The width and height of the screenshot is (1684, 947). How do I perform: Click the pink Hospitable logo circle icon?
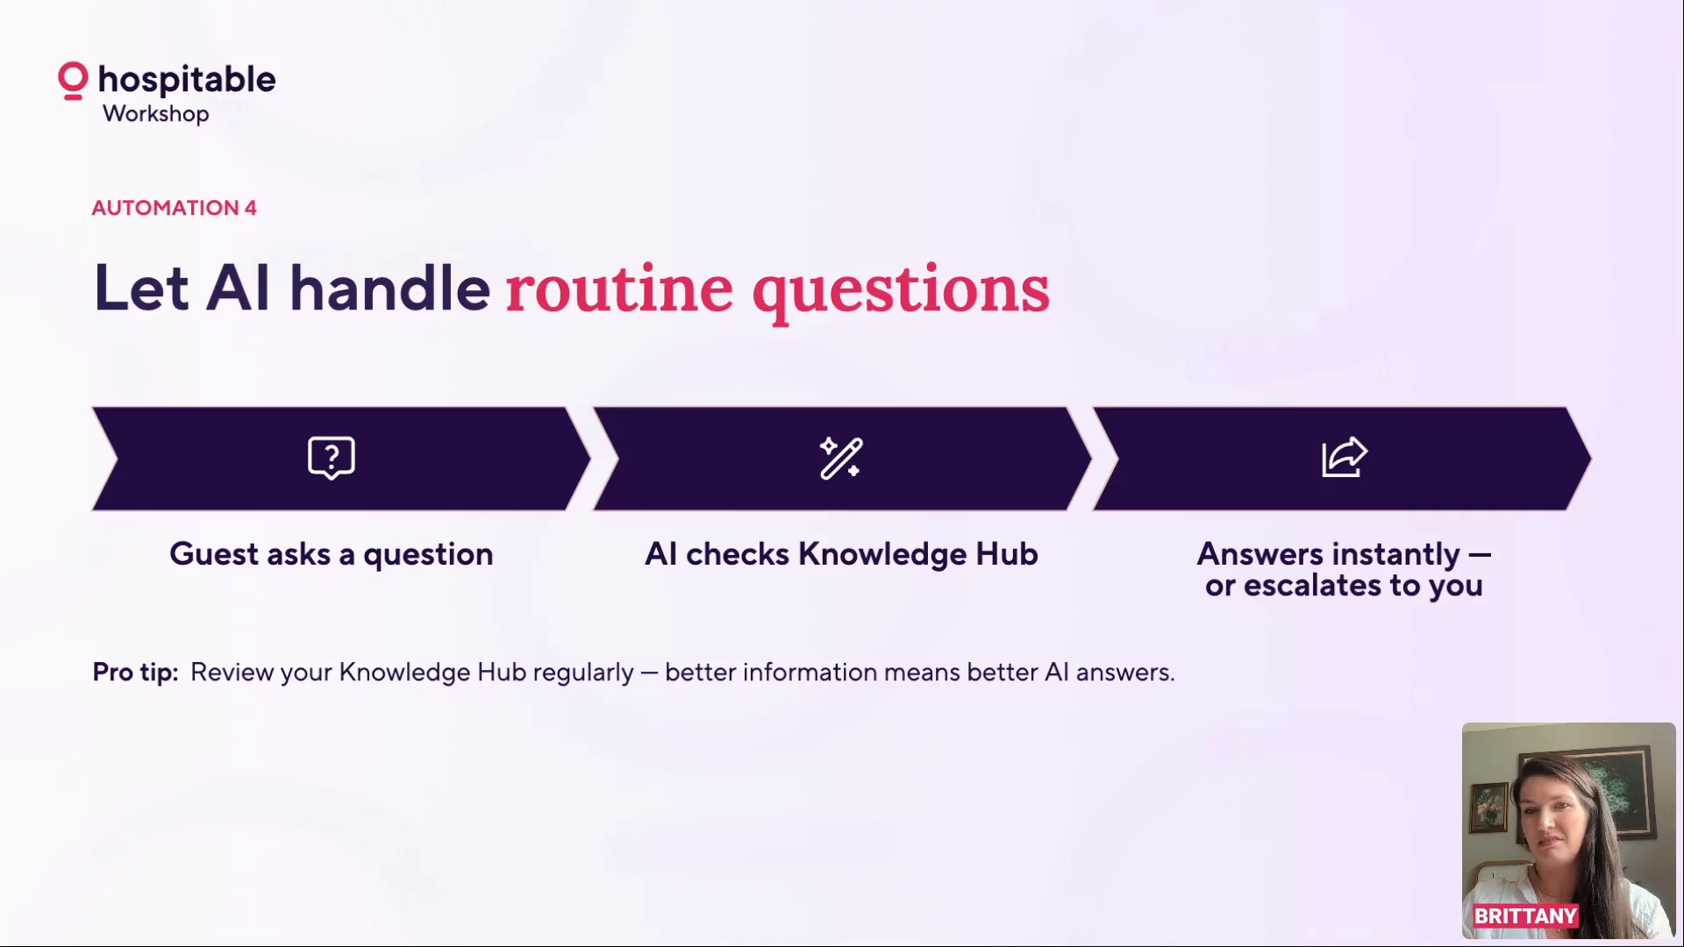click(73, 81)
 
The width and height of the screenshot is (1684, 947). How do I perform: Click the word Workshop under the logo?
click(156, 114)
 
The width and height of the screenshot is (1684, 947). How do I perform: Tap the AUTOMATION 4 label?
click(174, 208)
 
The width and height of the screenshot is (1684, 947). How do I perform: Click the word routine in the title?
click(619, 289)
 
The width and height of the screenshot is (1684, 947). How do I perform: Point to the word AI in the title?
click(238, 288)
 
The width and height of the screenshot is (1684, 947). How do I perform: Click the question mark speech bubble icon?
click(332, 458)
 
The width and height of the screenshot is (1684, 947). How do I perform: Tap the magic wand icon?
click(841, 458)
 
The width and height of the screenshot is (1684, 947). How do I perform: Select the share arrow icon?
click(1345, 457)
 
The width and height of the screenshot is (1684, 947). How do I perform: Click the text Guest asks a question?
click(332, 555)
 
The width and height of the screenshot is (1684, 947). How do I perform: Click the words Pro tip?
click(135, 673)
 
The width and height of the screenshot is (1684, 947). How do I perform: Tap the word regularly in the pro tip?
click(582, 673)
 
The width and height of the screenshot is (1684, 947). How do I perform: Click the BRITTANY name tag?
click(1525, 916)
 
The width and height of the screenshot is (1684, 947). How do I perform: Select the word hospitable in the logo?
click(187, 80)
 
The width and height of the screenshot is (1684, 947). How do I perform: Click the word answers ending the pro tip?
click(1125, 673)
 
